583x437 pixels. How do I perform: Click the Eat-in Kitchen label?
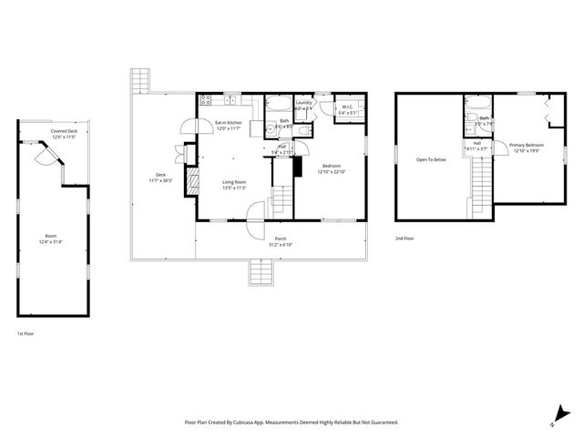228,123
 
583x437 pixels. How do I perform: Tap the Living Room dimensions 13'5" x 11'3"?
235,188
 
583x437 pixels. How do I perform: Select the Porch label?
281,239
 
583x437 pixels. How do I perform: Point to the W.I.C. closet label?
347,107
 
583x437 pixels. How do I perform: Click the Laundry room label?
304,103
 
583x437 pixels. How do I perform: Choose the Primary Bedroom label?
527,146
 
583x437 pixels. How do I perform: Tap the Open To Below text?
431,159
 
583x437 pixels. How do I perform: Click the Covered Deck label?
64,131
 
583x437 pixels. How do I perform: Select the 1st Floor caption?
26,334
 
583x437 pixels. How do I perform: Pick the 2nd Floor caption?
404,239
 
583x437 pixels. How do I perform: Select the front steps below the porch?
261,271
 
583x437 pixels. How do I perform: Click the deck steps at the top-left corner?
139,81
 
